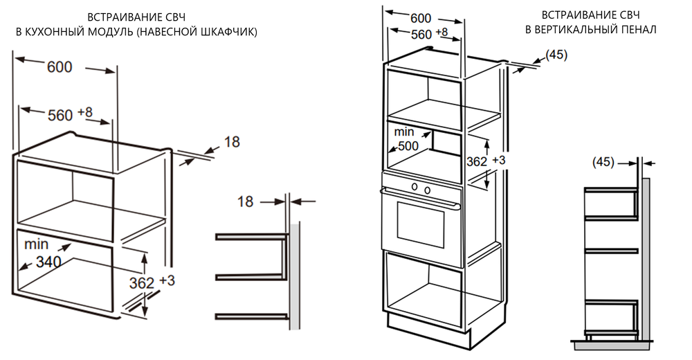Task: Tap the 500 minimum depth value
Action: (x=410, y=146)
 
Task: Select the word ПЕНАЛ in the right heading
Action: (x=637, y=29)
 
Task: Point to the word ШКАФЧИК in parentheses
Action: (x=225, y=32)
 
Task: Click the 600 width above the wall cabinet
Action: (x=60, y=67)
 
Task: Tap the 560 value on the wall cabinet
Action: (x=60, y=115)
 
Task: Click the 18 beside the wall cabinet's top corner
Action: (x=232, y=142)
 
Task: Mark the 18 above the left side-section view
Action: (x=246, y=201)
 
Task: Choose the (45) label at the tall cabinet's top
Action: (x=556, y=55)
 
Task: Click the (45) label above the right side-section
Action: (x=603, y=162)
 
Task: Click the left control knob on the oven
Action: (x=414, y=188)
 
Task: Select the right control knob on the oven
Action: (x=428, y=189)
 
